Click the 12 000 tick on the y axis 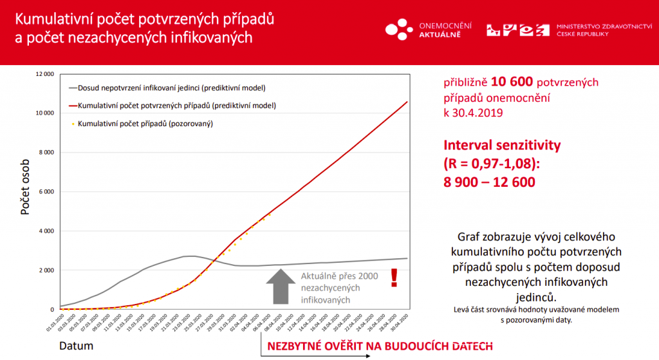(45, 74)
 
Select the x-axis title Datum (77, 346)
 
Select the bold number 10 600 (512, 82)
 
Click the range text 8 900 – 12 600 (489, 182)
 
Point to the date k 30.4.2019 (473, 112)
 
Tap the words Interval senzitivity (501, 145)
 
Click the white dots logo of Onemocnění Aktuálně (399, 28)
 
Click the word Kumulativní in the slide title (54, 19)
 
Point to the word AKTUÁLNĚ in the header (440, 33)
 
